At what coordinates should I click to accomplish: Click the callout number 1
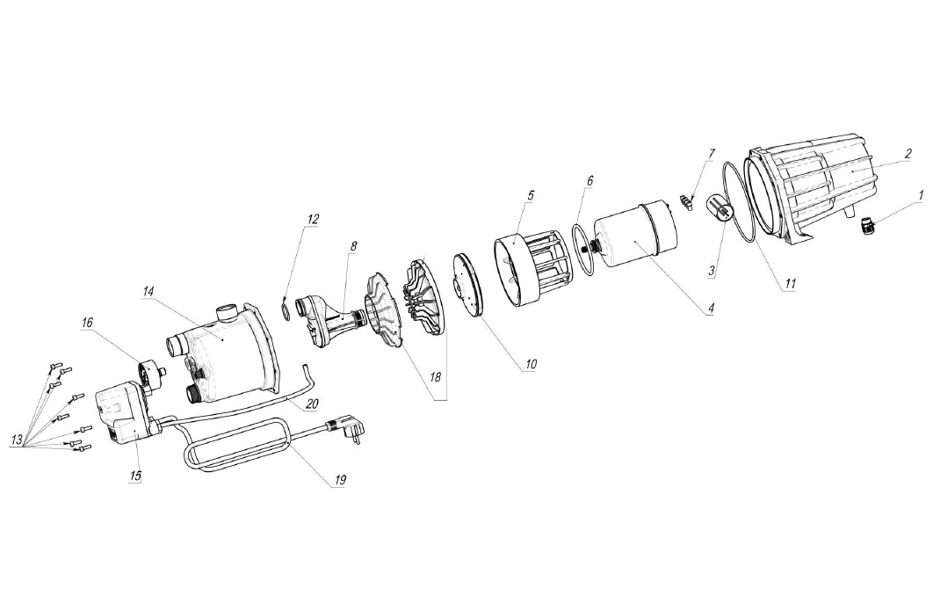click(921, 195)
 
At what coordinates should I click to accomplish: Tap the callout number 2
click(908, 153)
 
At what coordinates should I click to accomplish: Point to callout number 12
click(313, 219)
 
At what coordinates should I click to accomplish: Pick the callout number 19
click(340, 479)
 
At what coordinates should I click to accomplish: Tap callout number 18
click(435, 377)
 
